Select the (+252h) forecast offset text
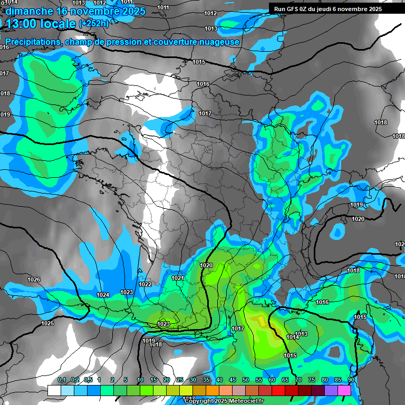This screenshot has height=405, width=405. pos(94,23)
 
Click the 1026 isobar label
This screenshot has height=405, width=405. pos(34,279)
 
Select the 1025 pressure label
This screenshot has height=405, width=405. pos(47,323)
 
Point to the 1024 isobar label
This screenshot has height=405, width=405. pos(103,295)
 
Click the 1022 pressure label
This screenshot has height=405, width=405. pos(145,284)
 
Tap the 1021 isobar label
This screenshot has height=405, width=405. pos(177,278)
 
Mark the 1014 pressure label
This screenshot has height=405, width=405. pos(293,337)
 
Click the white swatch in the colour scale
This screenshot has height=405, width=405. pos(54,391)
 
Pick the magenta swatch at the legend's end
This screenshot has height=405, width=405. pos(344,391)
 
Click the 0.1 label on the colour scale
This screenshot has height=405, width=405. pos(61,380)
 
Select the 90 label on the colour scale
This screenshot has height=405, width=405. pos(351,380)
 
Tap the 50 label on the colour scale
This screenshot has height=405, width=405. pos(245,380)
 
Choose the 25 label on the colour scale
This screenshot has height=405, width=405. pos(179,380)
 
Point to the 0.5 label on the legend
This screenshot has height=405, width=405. pos(88,380)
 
